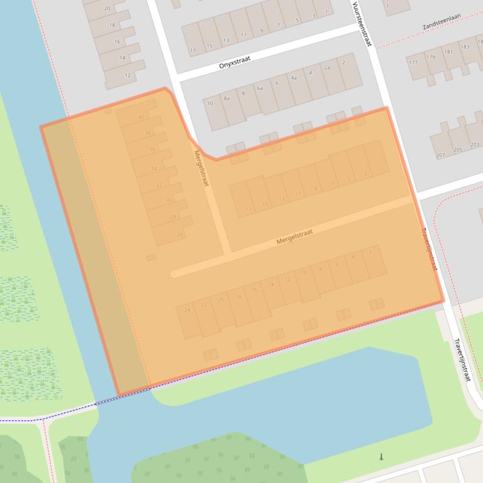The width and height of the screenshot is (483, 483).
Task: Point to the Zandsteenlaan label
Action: coord(447,25)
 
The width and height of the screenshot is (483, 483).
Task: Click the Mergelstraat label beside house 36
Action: coord(200,167)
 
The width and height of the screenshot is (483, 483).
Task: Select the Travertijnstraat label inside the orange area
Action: coord(430,248)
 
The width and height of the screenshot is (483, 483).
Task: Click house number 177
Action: coord(413,63)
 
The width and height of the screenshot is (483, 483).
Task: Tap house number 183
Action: coord(465,47)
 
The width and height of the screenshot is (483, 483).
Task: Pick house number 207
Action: coord(440,154)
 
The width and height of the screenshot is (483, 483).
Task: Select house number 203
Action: coord(475,145)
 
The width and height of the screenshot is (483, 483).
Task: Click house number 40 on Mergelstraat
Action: coord(141,117)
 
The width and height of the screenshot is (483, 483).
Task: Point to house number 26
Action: coord(180,235)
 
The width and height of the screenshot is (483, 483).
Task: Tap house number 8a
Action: coord(227,98)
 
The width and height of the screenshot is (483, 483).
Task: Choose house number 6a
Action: coord(260,88)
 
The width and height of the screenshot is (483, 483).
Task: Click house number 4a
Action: coord(293,78)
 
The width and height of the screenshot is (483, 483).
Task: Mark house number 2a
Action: coord(327,68)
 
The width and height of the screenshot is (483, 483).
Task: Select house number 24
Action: coord(187,310)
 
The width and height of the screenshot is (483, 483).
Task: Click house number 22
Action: coord(204,305)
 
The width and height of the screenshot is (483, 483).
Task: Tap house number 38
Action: coord(148,133)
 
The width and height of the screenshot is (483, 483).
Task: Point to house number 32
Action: coord(159,185)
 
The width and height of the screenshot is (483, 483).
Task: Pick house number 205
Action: coord(458,150)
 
